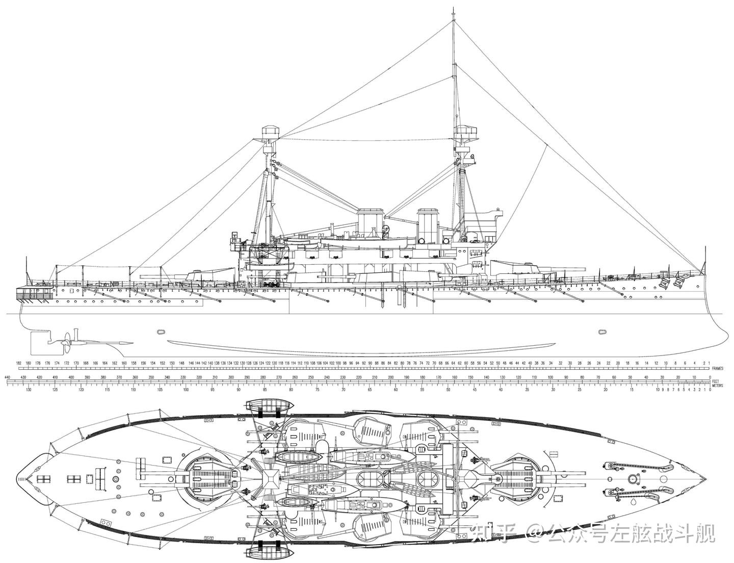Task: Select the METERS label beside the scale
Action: [718, 386]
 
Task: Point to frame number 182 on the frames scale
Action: [19, 363]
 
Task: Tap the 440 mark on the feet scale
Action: [7, 377]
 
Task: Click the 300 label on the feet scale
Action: [231, 377]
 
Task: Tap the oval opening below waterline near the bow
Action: [602, 331]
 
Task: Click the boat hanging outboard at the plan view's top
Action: [270, 406]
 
